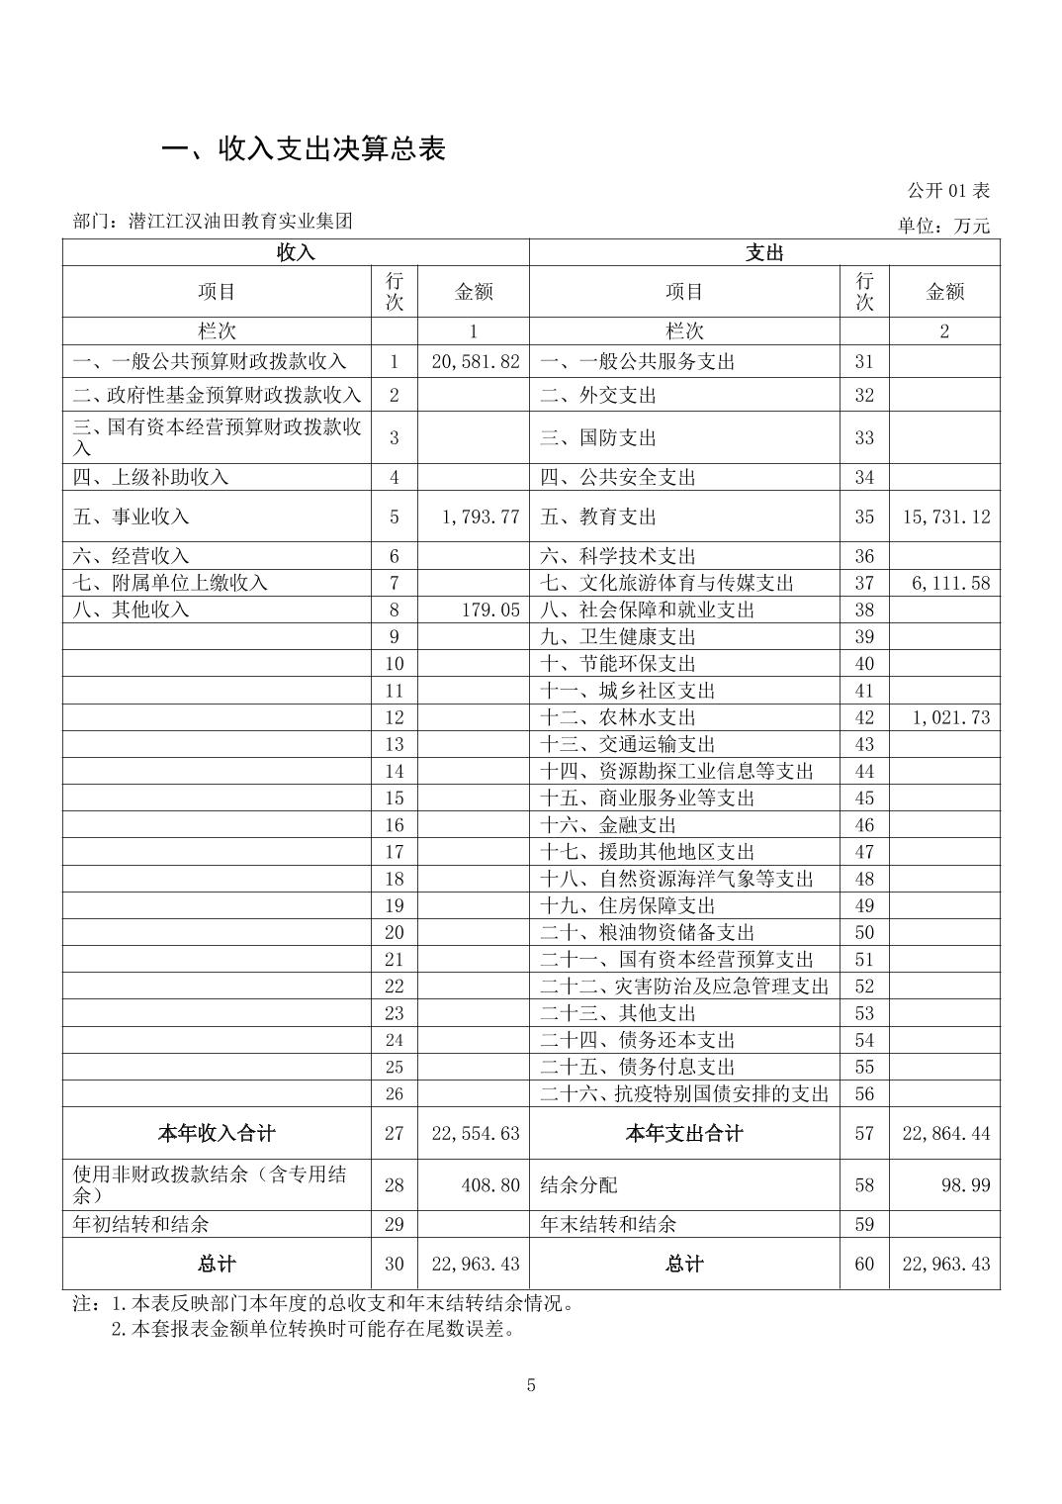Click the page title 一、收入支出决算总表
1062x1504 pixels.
tap(304, 148)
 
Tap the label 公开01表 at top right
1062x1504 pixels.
tap(947, 190)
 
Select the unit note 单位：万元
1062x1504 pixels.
tap(942, 226)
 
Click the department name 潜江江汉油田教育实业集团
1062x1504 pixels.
tap(240, 221)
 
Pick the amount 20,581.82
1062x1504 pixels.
tap(475, 361)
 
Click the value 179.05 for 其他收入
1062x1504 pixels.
tap(490, 610)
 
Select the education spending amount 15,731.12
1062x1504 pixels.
tap(945, 517)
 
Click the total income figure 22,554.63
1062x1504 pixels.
tap(475, 1133)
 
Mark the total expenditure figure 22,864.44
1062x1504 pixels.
tap(945, 1133)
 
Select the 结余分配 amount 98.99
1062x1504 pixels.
tap(965, 1184)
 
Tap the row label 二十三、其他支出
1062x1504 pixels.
tap(618, 1013)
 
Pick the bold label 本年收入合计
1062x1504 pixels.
tap(217, 1133)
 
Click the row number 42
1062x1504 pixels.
tap(864, 717)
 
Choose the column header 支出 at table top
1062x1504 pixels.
tap(764, 252)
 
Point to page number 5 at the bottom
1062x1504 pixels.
tap(531, 1385)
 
